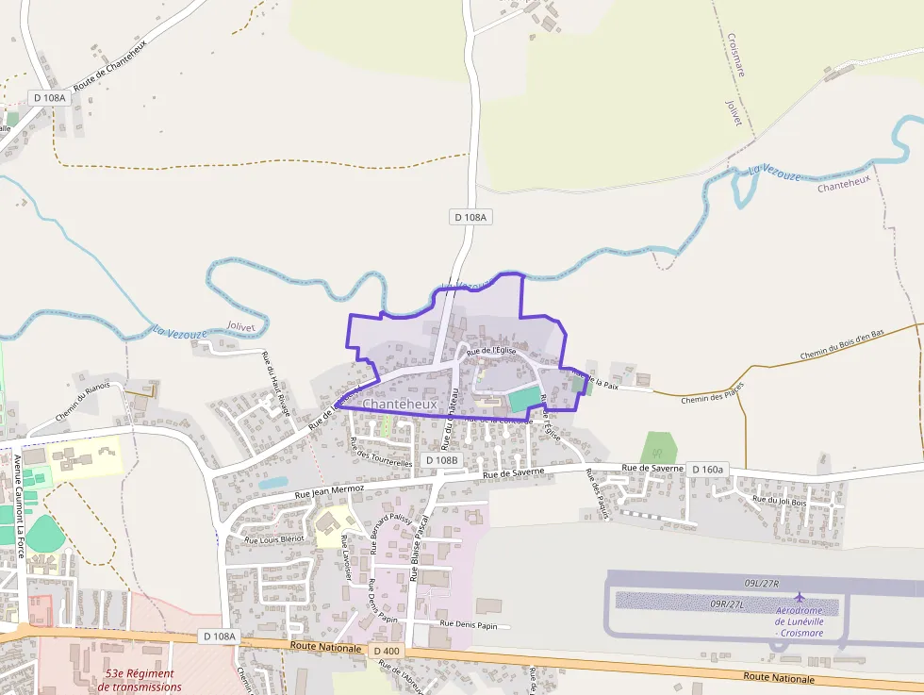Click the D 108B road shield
pyautogui.click(x=441, y=459)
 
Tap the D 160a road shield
pyautogui.click(x=707, y=469)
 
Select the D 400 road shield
pyautogui.click(x=387, y=651)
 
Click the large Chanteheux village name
pyautogui.click(x=401, y=404)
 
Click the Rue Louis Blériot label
pyautogui.click(x=274, y=538)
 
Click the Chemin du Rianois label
pyautogui.click(x=82, y=401)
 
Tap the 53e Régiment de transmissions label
pyautogui.click(x=140, y=680)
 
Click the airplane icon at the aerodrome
pyautogui.click(x=800, y=597)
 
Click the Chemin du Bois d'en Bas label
pyautogui.click(x=842, y=344)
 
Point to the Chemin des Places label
pyautogui.click(x=712, y=392)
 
